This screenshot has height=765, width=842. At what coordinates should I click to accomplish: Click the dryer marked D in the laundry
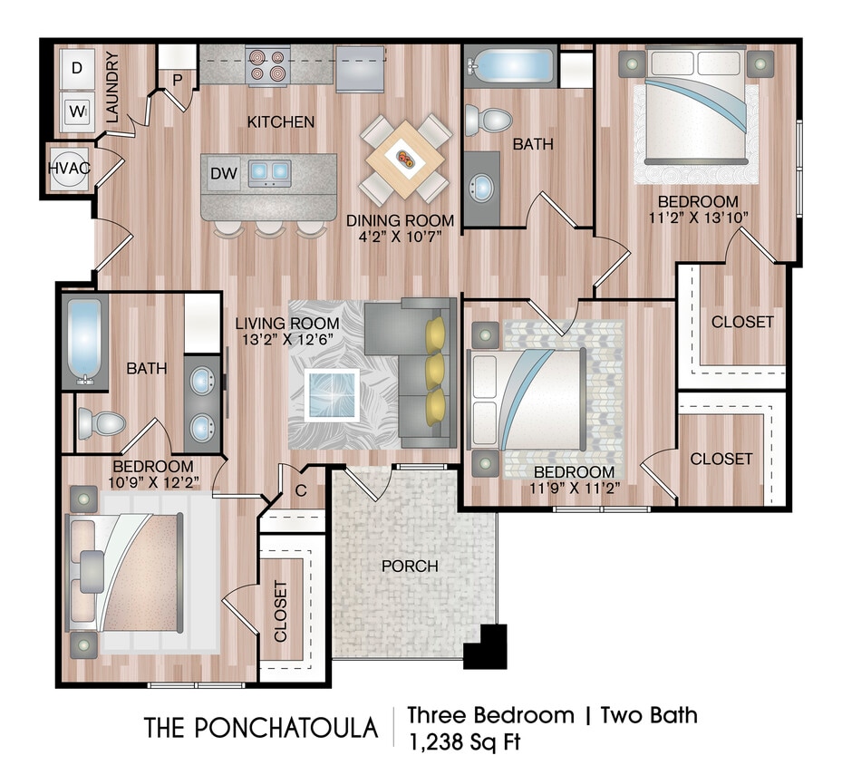pos(77,68)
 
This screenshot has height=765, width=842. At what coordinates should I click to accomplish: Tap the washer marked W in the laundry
pos(77,113)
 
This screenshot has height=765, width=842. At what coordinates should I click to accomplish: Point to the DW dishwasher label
pos(221,173)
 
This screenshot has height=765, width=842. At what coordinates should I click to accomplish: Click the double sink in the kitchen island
pos(269,171)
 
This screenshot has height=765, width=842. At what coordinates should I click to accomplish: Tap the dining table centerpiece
pos(405,160)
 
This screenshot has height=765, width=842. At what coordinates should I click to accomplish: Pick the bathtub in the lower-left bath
pos(85,340)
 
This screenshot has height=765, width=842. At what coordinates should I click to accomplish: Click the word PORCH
pos(410,566)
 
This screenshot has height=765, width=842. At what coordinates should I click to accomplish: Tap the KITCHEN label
pos(282,121)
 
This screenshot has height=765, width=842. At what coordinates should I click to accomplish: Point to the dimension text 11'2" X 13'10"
pos(698,218)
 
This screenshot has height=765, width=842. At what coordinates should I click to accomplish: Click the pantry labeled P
pos(178,80)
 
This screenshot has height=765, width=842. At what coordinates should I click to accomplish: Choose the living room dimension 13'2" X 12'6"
pos(288,340)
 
